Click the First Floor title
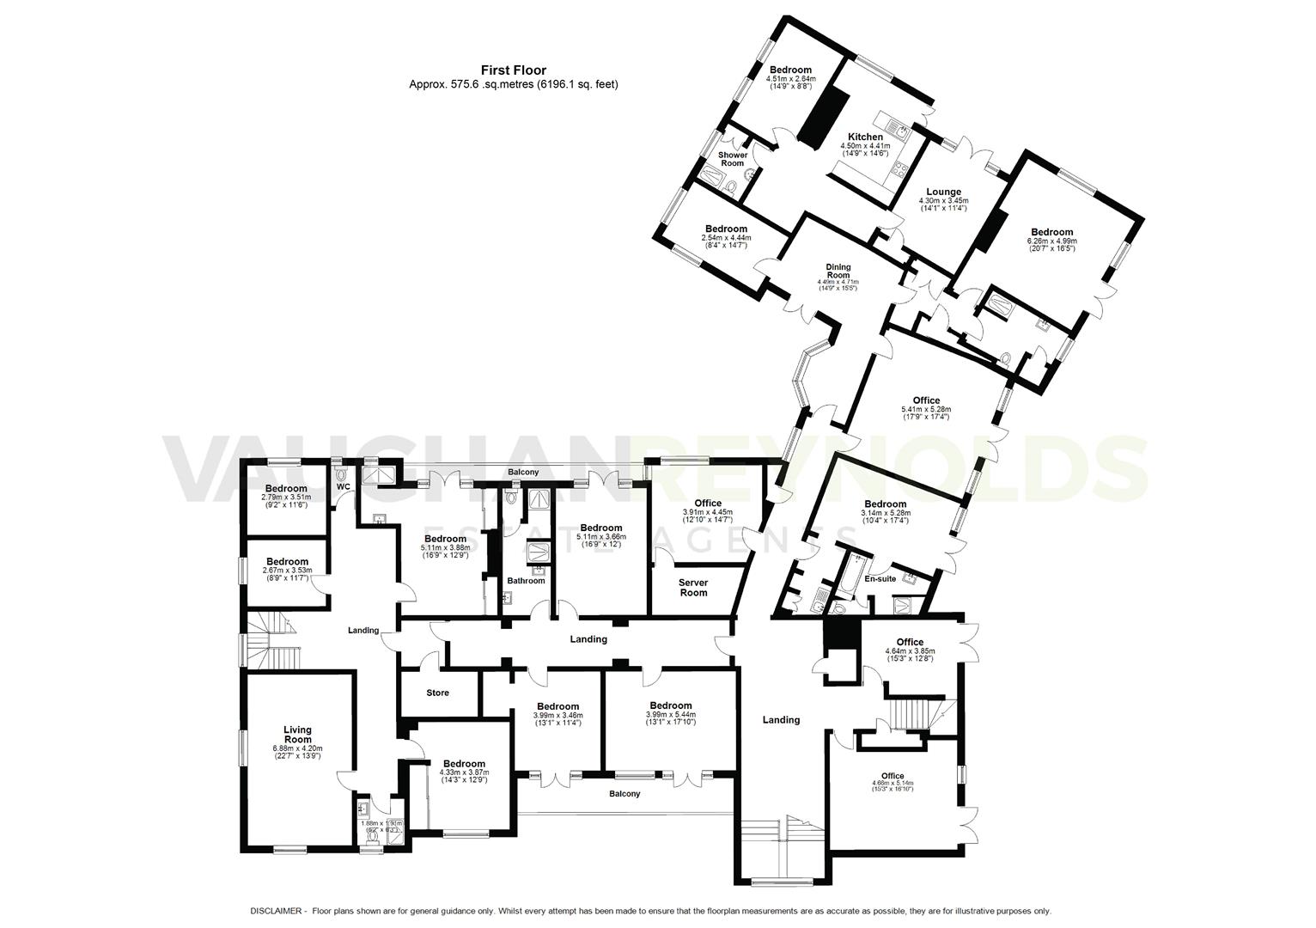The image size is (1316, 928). click(513, 70)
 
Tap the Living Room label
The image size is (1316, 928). click(297, 736)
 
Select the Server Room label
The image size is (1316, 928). click(693, 588)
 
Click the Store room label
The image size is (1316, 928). click(437, 693)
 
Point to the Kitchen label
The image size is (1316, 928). click(865, 137)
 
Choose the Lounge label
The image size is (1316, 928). click(943, 192)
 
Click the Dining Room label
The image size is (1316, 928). click(838, 271)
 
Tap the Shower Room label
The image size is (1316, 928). click(733, 159)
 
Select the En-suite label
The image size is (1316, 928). click(880, 579)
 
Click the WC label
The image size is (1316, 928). click(344, 487)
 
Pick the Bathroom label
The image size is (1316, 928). click(526, 581)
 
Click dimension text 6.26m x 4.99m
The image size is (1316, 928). click(1051, 241)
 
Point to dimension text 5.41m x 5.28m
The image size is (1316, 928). click(926, 410)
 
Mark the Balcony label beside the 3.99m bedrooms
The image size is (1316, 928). click(624, 794)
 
